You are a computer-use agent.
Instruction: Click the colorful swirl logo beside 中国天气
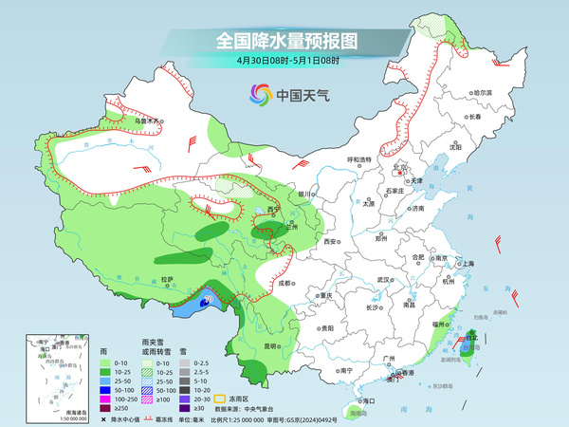(x=259, y=94)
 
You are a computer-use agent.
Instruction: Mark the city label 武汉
(x=383, y=280)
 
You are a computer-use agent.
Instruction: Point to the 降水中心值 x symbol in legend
(x=102, y=418)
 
